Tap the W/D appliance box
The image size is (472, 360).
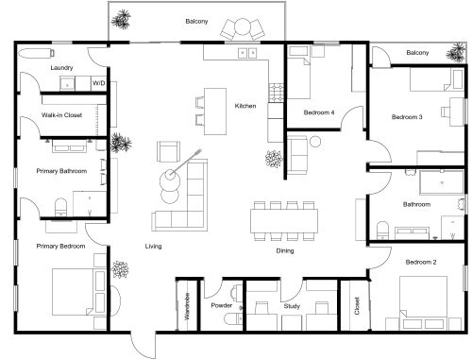[98, 83]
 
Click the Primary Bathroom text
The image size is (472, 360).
[61, 171]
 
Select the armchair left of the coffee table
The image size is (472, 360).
[168, 150]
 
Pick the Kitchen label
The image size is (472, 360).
[245, 106]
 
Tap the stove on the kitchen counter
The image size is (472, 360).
[278, 92]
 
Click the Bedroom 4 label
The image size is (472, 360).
[318, 112]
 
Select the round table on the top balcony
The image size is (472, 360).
[244, 26]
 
